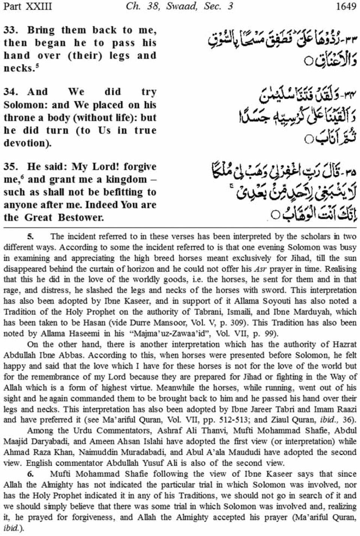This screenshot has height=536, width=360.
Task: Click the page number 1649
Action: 346,6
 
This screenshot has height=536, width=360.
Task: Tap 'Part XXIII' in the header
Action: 27,6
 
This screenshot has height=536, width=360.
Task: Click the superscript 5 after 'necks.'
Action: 38,65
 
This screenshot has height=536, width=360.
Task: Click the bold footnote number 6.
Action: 30,474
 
